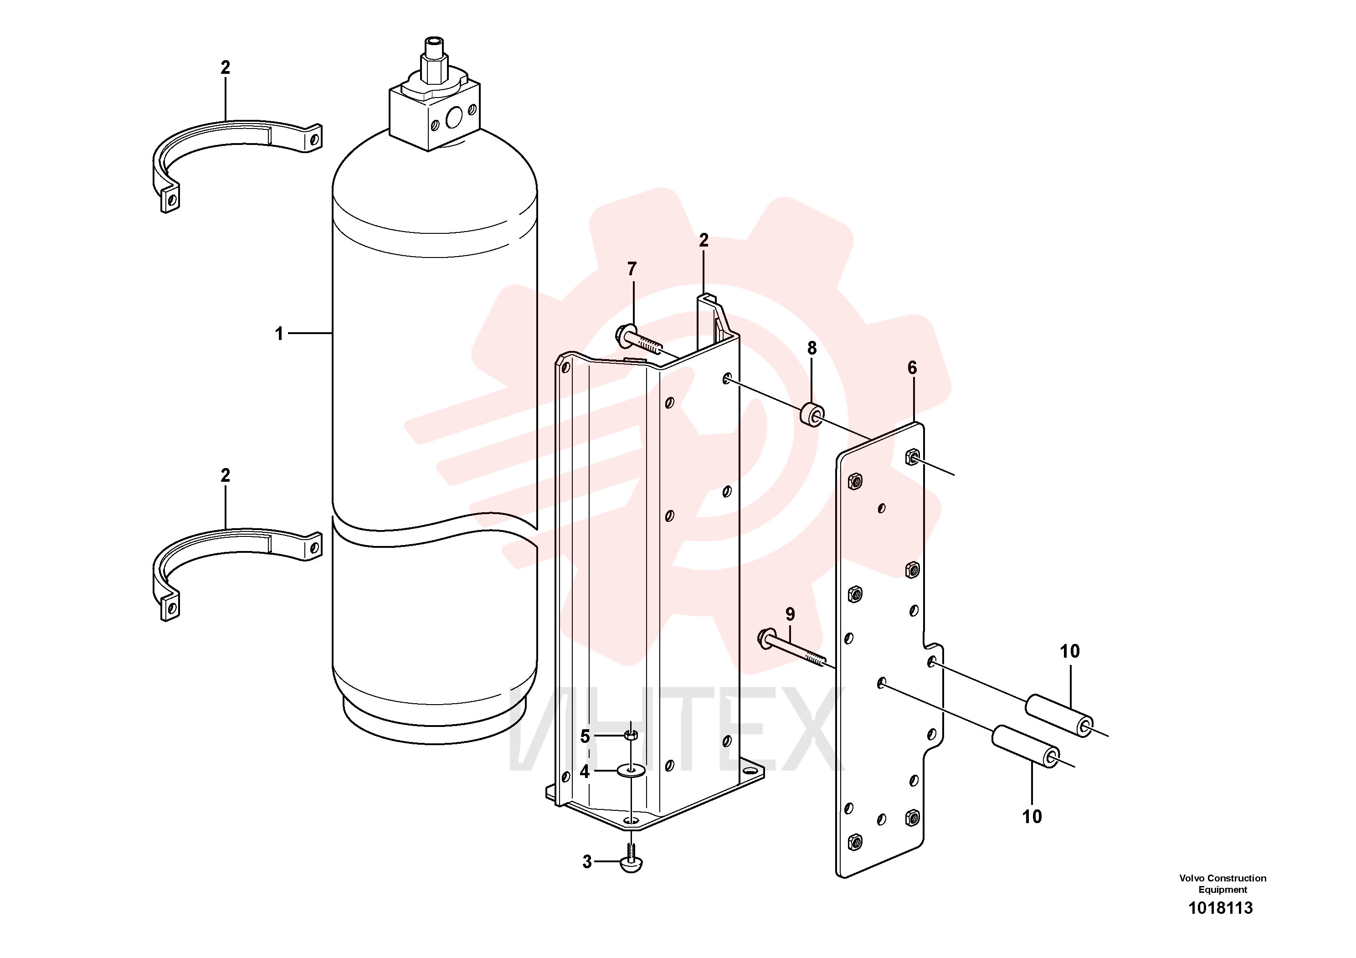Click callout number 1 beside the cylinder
click(x=279, y=334)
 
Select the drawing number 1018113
click(x=1220, y=908)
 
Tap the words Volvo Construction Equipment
click(x=1222, y=884)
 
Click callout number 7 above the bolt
click(x=632, y=269)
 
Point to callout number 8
click(x=812, y=349)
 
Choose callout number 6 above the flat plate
click(x=913, y=368)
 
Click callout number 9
click(x=790, y=614)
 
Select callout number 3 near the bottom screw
click(x=587, y=862)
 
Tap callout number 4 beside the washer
click(x=585, y=771)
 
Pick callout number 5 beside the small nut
click(x=585, y=737)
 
